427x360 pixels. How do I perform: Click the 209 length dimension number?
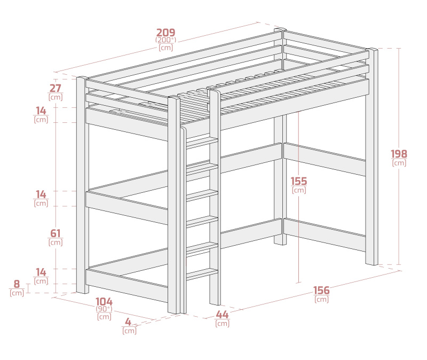click(x=165, y=33)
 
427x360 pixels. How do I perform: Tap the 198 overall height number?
click(x=399, y=154)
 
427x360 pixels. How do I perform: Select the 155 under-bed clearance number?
click(x=299, y=181)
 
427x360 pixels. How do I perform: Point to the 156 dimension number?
click(x=321, y=291)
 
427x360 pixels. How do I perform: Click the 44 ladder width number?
click(x=222, y=315)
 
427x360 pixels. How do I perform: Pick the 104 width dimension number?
click(x=104, y=302)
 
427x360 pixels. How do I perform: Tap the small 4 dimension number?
click(x=128, y=322)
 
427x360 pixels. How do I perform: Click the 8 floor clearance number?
click(x=17, y=284)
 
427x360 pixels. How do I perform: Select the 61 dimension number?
click(x=56, y=233)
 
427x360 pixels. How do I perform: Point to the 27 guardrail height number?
click(x=56, y=88)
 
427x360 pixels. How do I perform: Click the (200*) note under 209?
click(x=165, y=40)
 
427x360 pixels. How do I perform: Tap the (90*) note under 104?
click(x=104, y=309)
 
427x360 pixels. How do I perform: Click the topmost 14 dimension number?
click(x=41, y=111)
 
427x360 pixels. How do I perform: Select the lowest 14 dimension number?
click(x=41, y=272)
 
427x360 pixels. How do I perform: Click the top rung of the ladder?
click(x=202, y=143)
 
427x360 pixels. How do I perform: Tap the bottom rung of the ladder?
click(x=202, y=274)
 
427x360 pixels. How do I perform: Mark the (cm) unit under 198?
click(x=399, y=163)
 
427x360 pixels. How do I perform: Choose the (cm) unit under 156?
click(x=321, y=299)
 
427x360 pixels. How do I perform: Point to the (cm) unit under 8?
click(x=17, y=293)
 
